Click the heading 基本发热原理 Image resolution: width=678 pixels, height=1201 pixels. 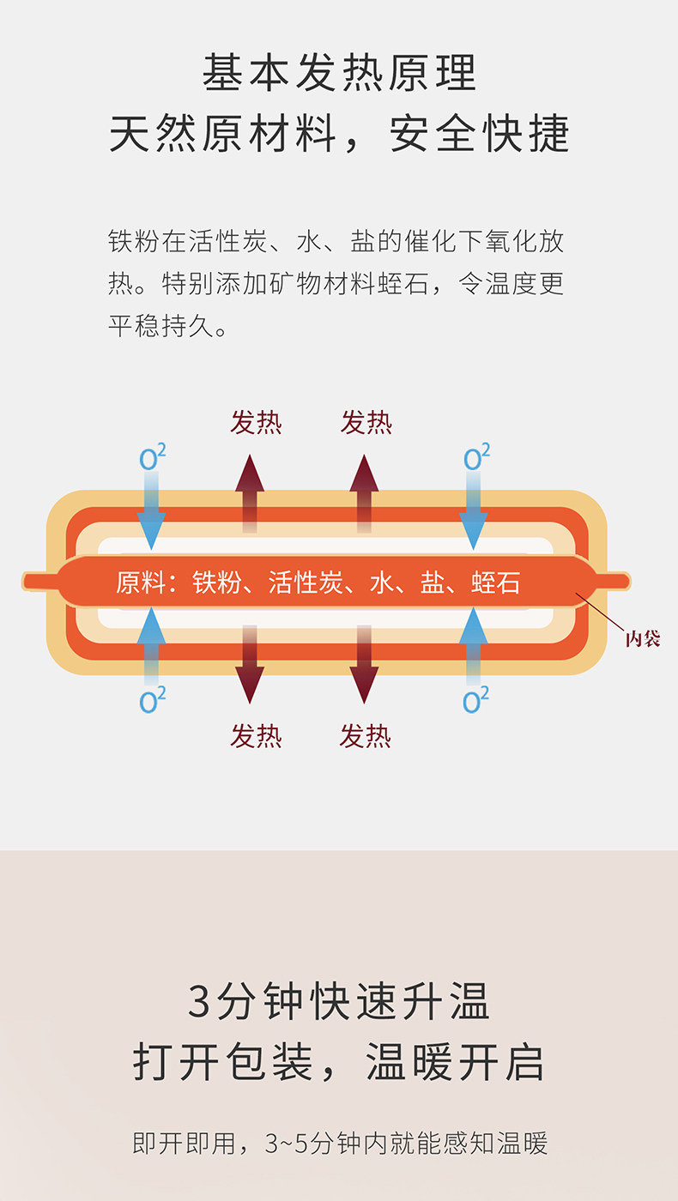(x=339, y=72)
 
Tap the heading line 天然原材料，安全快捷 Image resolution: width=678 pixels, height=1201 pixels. (x=339, y=135)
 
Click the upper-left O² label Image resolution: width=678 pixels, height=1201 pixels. (x=153, y=458)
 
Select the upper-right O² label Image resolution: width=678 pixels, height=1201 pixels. (x=475, y=458)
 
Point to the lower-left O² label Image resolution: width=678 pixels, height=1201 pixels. (x=153, y=701)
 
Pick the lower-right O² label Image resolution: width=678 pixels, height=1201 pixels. (x=475, y=701)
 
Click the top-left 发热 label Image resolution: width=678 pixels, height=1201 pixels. (x=256, y=422)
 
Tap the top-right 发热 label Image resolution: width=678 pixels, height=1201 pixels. (x=366, y=422)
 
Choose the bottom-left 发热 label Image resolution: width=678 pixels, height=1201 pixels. (x=256, y=735)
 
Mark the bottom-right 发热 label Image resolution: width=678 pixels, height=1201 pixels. (x=366, y=735)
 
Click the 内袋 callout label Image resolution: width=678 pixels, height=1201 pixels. (x=642, y=638)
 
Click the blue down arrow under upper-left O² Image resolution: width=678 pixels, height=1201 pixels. (x=152, y=515)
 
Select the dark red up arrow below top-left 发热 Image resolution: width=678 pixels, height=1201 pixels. (x=250, y=493)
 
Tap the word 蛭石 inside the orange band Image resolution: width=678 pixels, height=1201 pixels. (x=495, y=583)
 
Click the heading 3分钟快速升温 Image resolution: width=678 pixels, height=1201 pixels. (x=339, y=1001)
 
